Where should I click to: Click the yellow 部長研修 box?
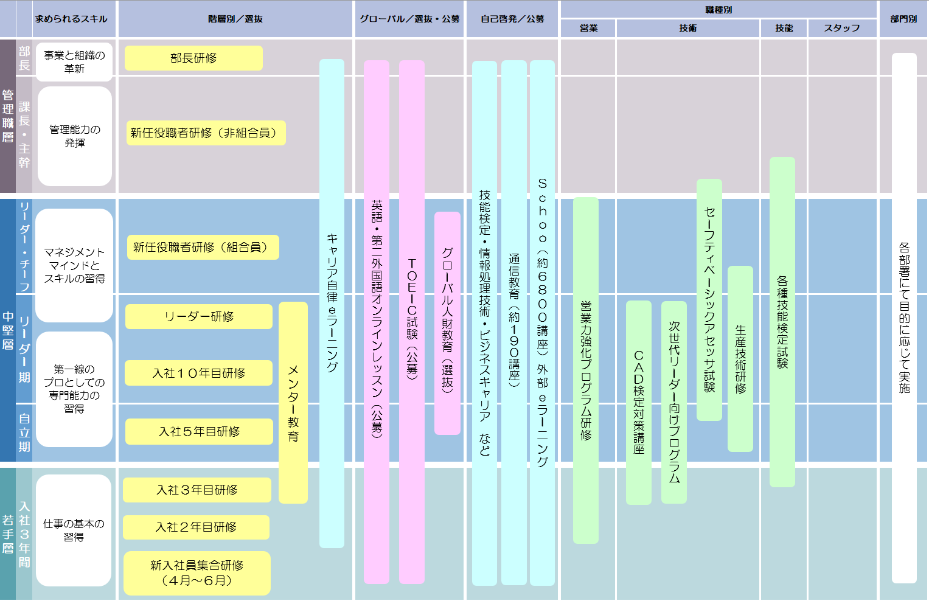pyautogui.click(x=193, y=58)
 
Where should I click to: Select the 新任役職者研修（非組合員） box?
pyautogui.click(x=206, y=133)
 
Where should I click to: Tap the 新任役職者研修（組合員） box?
pyautogui.click(x=203, y=247)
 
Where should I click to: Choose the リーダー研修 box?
pyautogui.click(x=198, y=316)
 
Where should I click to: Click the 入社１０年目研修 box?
pyautogui.click(x=198, y=373)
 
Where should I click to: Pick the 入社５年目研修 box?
pyautogui.click(x=199, y=431)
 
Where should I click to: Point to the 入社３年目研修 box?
pyautogui.click(x=197, y=490)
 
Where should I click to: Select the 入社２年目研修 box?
pyautogui.click(x=196, y=527)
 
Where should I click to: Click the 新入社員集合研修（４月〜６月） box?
pyautogui.click(x=197, y=573)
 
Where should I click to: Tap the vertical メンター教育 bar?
pyautogui.click(x=293, y=403)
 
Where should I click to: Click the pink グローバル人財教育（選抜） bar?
pyautogui.click(x=447, y=322)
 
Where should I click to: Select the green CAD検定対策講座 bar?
pyautogui.click(x=638, y=402)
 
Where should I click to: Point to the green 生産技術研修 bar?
pyautogui.click(x=740, y=359)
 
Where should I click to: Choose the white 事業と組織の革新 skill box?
pyautogui.click(x=74, y=61)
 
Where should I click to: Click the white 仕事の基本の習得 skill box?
pyautogui.click(x=74, y=530)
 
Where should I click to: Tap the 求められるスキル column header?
pyautogui.click(x=71, y=19)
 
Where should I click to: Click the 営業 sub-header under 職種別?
pyautogui.click(x=588, y=28)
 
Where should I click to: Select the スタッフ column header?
pyautogui.click(x=842, y=28)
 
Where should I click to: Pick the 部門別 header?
pyautogui.click(x=903, y=19)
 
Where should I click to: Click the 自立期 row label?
pyautogui.click(x=24, y=433)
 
